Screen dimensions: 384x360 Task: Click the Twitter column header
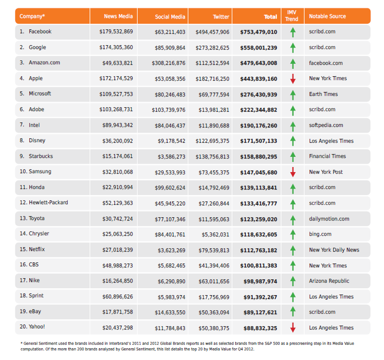click(x=221, y=17)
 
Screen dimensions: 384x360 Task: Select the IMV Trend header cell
click(x=292, y=16)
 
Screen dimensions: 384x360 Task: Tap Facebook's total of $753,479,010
click(x=259, y=32)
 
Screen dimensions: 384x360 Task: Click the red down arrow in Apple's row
click(x=293, y=78)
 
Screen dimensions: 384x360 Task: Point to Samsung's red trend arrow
click(x=293, y=172)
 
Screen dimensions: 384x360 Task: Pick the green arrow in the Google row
click(x=293, y=48)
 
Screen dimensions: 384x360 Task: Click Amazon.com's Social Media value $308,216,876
click(x=169, y=63)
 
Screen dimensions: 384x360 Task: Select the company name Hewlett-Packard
click(x=48, y=203)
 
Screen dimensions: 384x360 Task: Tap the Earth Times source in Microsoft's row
click(x=323, y=94)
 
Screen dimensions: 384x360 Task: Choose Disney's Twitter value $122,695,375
click(x=213, y=141)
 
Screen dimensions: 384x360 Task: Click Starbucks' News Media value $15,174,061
click(x=117, y=156)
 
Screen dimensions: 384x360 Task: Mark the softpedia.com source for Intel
click(x=326, y=125)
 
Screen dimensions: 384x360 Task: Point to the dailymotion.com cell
click(x=329, y=219)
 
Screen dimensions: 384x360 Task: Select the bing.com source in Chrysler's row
click(x=320, y=234)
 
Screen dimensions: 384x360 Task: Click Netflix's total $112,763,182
click(x=259, y=250)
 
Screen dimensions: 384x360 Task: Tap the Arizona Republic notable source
click(x=329, y=281)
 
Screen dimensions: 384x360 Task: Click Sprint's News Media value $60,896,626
click(x=117, y=297)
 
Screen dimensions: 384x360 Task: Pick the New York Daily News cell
click(x=334, y=250)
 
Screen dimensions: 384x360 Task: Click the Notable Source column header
click(x=328, y=16)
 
